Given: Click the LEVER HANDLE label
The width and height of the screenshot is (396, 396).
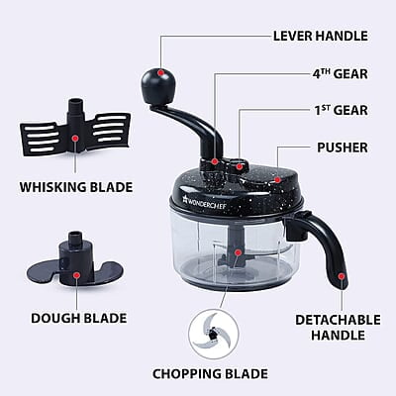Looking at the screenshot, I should click(319, 36).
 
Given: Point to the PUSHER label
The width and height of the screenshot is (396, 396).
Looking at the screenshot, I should click(341, 148).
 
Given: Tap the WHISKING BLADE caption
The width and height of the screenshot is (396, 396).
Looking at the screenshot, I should click(74, 185).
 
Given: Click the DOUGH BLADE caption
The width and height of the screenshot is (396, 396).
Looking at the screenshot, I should click(76, 318).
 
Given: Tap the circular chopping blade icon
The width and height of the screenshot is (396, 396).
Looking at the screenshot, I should click(209, 331).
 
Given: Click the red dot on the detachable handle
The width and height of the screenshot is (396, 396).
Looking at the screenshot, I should click(341, 275).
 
